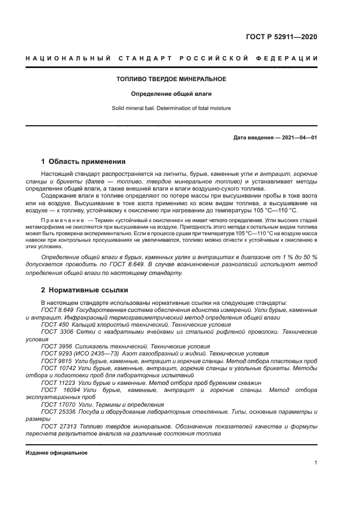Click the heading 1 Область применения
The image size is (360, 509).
[x=83, y=162]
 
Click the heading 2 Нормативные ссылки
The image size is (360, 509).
[x=85, y=290]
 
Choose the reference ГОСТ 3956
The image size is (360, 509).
[x=53, y=346]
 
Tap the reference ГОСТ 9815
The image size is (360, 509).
[x=53, y=360]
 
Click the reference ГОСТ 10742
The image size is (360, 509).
[x=55, y=368]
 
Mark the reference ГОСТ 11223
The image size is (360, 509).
[x=55, y=383]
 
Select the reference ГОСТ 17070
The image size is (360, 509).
[x=55, y=404]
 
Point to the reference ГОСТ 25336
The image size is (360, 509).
[x=55, y=412]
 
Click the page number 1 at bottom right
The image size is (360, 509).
[x=315, y=463]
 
